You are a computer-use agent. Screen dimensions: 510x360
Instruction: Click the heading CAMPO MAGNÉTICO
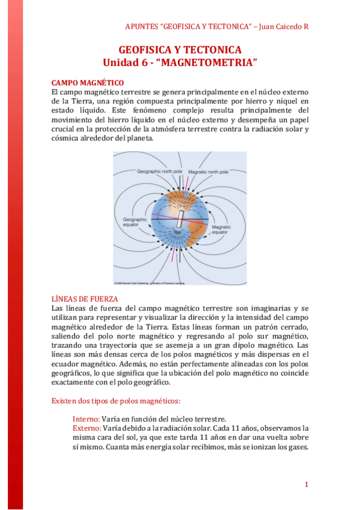[x=88, y=82]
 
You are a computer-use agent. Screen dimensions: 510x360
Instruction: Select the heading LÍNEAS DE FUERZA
[x=85, y=299]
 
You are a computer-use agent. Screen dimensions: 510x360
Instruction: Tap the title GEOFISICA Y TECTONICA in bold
[x=180, y=50]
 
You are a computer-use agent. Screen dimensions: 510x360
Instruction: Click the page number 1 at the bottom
[x=306, y=485]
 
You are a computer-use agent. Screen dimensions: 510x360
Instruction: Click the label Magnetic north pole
[x=208, y=172]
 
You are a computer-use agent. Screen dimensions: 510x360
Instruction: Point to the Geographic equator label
[x=135, y=223]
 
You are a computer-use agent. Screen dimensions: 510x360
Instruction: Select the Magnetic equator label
[x=220, y=229]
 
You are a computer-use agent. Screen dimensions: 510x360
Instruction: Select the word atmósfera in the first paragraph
[x=224, y=129]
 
